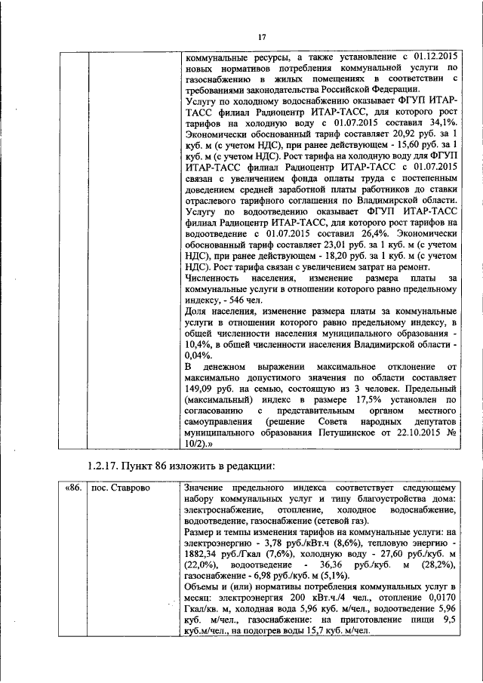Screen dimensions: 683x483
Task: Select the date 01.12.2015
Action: point(431,56)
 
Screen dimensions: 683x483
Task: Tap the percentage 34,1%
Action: point(440,122)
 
